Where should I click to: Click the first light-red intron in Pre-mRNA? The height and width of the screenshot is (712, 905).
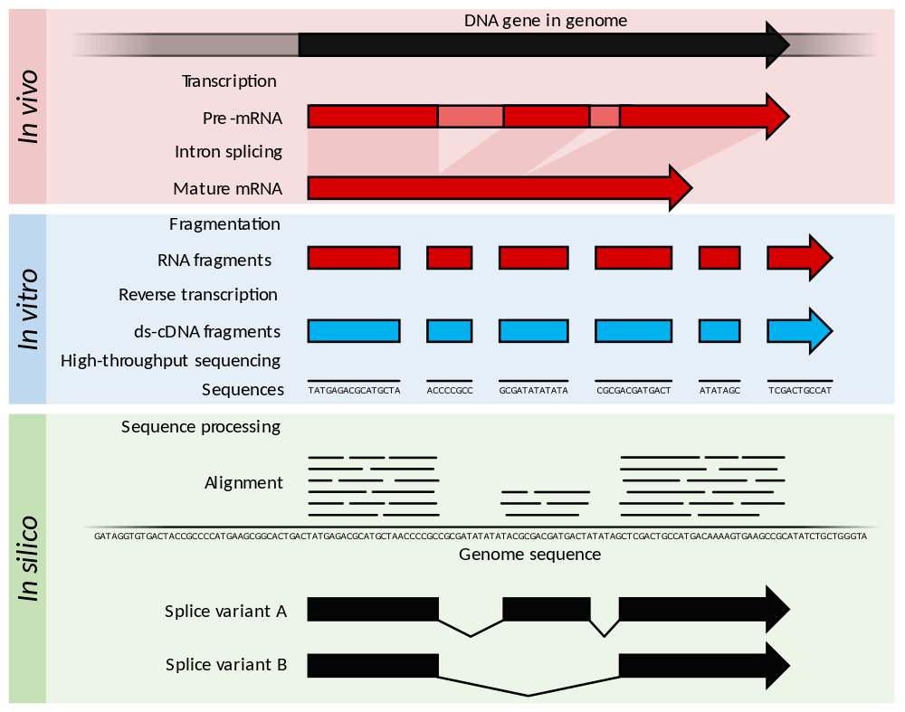471,117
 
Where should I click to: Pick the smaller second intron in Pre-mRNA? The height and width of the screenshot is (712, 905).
605,117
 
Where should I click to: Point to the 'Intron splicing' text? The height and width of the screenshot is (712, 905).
228,152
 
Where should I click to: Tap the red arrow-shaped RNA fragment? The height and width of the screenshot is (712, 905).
799,259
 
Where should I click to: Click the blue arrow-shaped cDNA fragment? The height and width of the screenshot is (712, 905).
799,331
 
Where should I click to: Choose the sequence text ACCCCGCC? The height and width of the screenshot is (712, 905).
450,392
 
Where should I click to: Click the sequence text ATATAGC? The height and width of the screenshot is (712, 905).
719,392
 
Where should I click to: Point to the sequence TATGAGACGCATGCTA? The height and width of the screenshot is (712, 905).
354,392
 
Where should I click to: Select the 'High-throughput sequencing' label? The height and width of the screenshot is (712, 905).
170,361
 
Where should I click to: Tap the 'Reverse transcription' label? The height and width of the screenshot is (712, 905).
198,295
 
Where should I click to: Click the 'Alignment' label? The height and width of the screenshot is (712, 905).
243,483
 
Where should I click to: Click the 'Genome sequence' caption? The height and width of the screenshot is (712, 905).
529,554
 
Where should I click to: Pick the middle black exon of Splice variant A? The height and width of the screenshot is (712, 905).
547,610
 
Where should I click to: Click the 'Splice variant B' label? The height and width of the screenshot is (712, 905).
226,665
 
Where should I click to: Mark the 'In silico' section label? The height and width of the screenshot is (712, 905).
30,558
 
